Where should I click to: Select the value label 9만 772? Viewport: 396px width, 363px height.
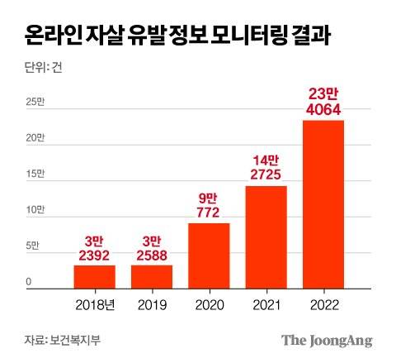(209, 205)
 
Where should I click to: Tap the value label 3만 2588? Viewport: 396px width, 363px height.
(152, 247)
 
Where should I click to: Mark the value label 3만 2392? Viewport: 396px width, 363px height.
(95, 247)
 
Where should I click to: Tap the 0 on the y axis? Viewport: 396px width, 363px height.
(28, 283)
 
